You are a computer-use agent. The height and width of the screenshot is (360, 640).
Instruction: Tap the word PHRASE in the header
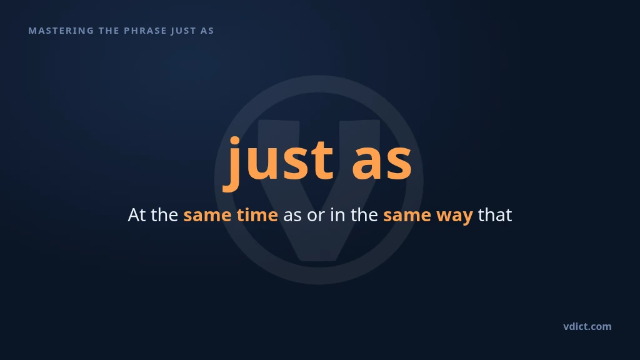[145, 31]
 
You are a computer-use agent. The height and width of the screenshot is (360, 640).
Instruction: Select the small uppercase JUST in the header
[184, 31]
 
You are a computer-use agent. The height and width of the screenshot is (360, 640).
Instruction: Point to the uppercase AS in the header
[207, 31]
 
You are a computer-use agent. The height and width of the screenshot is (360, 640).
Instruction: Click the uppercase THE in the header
[109, 31]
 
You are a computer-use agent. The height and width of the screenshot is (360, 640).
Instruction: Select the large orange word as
[382, 163]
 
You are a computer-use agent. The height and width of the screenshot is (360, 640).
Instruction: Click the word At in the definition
[137, 215]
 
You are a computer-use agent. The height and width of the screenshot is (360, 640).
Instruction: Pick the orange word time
[257, 215]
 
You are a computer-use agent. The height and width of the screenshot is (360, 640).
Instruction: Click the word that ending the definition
[495, 215]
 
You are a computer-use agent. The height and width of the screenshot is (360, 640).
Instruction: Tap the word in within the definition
[337, 215]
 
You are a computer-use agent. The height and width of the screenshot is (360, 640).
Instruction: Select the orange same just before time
[207, 216]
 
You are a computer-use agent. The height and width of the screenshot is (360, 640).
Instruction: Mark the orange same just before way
[407, 216]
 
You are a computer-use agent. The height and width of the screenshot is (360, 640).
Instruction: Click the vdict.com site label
[587, 326]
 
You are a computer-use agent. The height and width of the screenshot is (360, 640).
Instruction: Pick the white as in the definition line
[292, 216]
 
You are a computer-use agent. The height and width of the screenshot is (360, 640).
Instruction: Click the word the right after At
[164, 215]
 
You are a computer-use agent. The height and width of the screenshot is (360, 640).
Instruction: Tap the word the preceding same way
[364, 215]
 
